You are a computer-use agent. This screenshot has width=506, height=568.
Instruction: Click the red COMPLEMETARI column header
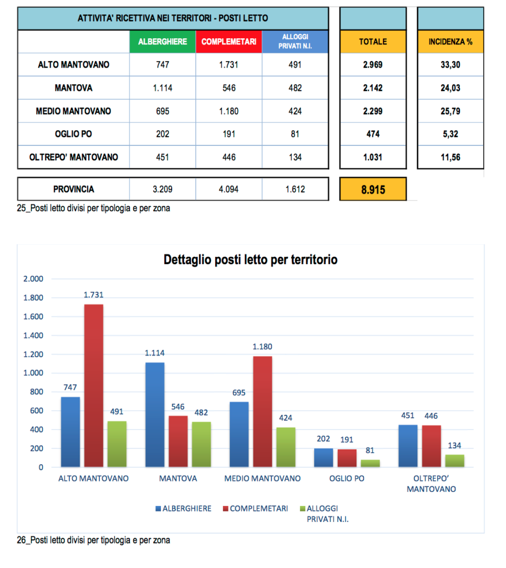[229, 42]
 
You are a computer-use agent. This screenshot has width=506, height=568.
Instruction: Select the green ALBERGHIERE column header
[162, 42]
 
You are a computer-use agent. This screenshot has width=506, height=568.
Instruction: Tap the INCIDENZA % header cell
[450, 42]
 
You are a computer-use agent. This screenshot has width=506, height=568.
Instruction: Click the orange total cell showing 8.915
[372, 189]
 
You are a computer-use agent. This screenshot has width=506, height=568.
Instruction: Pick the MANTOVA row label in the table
[74, 88]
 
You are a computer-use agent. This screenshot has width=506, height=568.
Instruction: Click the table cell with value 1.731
[229, 64]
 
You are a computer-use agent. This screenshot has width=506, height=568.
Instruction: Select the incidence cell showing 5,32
[450, 134]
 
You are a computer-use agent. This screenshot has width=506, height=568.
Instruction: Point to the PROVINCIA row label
[74, 189]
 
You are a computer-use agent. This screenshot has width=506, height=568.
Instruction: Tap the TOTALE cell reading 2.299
[372, 111]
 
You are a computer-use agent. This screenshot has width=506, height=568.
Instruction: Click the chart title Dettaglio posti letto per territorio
[250, 260]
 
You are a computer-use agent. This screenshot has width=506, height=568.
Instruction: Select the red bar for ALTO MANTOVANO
[94, 386]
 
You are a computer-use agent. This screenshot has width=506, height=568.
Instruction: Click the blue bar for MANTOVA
[155, 414]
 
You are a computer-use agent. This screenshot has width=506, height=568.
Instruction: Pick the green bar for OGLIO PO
[371, 463]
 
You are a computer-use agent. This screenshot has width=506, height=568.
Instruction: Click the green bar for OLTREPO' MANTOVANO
[454, 460]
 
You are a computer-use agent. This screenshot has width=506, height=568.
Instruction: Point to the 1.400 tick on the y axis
[33, 336]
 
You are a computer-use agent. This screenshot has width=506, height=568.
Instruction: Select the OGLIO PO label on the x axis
[347, 478]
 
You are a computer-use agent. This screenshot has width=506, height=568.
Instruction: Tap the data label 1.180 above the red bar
[262, 347]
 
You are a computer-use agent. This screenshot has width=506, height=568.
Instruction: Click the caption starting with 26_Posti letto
[94, 540]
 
